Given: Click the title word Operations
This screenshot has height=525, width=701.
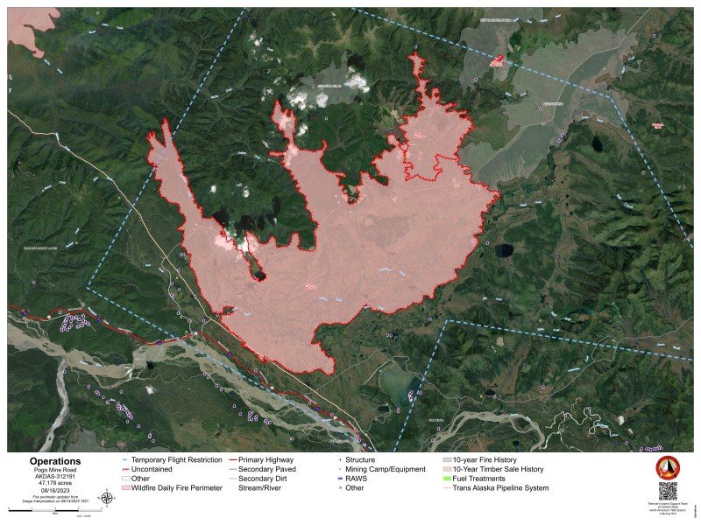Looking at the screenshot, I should coord(54,461).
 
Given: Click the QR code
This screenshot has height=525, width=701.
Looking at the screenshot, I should coord(668,491).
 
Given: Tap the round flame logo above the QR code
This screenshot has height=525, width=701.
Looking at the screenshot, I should coord(668,466).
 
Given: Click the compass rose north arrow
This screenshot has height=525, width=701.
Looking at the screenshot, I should coord(107,499).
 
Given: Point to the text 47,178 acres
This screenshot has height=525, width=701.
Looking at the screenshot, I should coord(54,481).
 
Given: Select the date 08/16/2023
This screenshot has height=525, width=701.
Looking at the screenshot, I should coord(54,489).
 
